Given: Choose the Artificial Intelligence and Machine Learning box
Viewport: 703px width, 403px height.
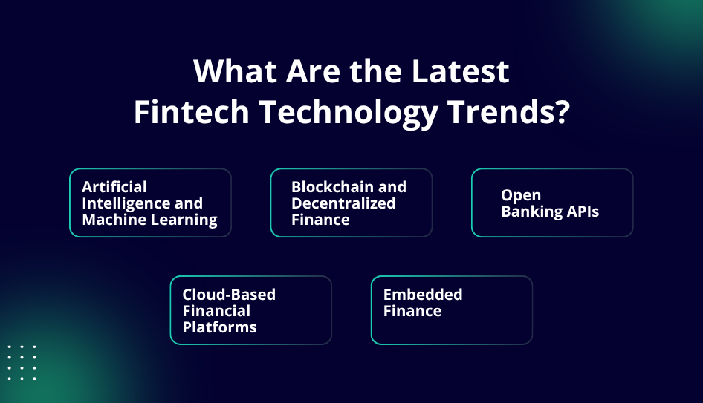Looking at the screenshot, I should point(150,203).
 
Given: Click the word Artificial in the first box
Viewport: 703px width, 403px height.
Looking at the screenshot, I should point(114,186).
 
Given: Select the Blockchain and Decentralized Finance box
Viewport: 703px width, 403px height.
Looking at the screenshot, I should point(351,203).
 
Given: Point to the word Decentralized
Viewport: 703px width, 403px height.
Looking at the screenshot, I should point(343,203).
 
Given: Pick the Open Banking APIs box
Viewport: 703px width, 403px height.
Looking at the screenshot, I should point(552,203).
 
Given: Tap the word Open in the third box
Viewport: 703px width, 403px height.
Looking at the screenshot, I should point(521,195).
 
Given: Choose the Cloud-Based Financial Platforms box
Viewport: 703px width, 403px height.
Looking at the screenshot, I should point(250,310).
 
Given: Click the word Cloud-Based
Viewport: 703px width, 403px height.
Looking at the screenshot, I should point(229,294).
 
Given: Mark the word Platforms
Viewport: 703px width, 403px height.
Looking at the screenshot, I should point(220,327).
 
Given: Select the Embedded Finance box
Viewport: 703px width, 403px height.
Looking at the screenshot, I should point(451,310).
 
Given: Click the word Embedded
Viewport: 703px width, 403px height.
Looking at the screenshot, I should point(423,294).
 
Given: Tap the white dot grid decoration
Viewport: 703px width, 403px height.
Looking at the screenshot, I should point(22,362).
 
